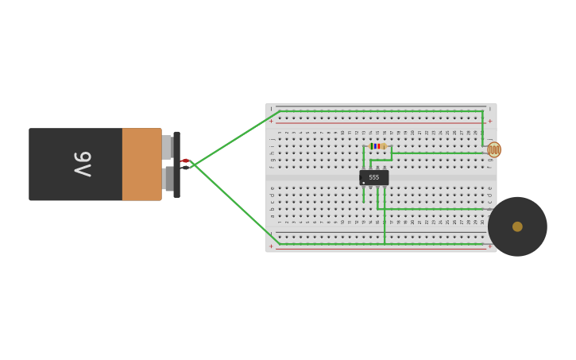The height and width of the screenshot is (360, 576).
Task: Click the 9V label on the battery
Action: tap(83, 164)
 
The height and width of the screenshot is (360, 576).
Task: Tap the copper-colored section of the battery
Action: tap(141, 164)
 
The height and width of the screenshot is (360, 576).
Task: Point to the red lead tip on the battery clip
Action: tap(185, 161)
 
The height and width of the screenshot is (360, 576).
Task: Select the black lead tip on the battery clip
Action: tap(185, 168)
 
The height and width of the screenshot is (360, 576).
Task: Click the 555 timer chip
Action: tap(373, 177)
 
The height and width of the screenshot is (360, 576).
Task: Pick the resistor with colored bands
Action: tap(377, 146)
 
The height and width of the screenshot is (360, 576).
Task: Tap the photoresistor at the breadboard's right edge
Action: tap(494, 149)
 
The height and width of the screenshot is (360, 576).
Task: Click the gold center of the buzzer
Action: tap(517, 226)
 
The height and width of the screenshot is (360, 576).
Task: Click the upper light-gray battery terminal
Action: tap(166, 147)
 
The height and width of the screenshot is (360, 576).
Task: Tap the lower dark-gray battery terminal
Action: tap(168, 179)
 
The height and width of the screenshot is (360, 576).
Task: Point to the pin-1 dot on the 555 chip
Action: tap(364, 183)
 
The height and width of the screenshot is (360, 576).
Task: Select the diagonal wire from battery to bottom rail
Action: tap(234, 202)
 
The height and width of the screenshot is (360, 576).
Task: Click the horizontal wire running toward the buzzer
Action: tap(433, 209)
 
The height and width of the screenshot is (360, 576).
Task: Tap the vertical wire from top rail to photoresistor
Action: tap(482, 127)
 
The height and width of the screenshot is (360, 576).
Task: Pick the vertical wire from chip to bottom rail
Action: tap(385, 223)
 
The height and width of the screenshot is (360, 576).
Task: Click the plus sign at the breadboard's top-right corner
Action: tap(489, 122)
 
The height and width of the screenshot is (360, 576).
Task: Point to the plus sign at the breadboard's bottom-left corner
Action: tap(271, 246)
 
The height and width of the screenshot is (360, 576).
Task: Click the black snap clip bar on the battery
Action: tap(176, 164)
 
